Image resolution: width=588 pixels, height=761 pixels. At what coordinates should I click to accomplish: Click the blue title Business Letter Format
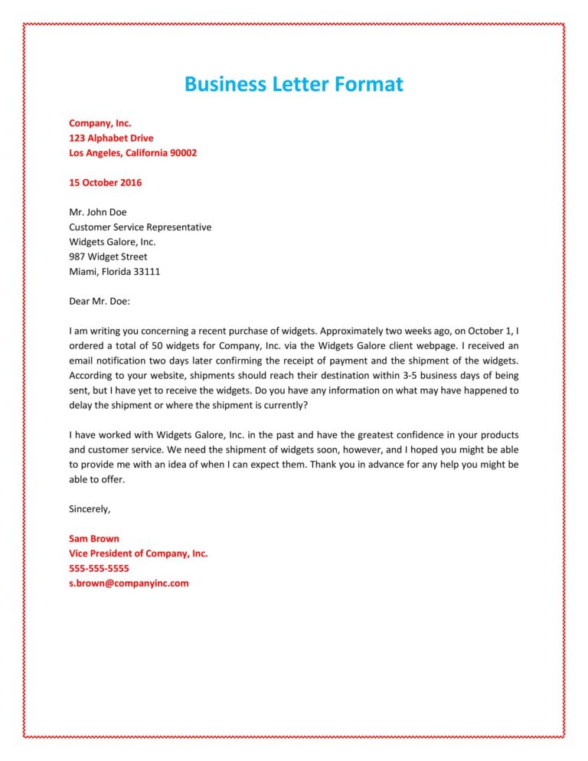pos(293,84)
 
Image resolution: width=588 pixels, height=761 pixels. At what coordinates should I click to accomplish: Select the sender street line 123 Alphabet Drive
pos(111,138)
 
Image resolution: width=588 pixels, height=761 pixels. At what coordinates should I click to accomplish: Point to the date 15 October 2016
pos(105,182)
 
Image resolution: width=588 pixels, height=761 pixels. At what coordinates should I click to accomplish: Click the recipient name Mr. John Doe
pos(98,212)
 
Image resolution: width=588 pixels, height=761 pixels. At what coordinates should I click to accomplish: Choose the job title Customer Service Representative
pos(140,227)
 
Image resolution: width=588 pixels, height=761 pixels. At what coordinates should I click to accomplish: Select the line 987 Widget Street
pos(108,256)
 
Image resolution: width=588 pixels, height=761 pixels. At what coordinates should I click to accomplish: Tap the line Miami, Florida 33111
pos(114,271)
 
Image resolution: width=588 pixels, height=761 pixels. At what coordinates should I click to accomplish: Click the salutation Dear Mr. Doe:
pos(100,301)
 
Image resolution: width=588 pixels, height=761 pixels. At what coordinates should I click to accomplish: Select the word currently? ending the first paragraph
pos(284,405)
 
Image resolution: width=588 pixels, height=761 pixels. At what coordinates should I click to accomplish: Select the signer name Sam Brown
pos(94,538)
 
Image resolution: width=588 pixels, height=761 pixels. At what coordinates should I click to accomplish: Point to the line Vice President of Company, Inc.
pos(139,554)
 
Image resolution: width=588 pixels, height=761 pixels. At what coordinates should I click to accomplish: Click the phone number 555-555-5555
pos(99,568)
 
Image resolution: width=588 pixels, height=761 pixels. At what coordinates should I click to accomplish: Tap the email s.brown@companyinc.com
pos(129,583)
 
